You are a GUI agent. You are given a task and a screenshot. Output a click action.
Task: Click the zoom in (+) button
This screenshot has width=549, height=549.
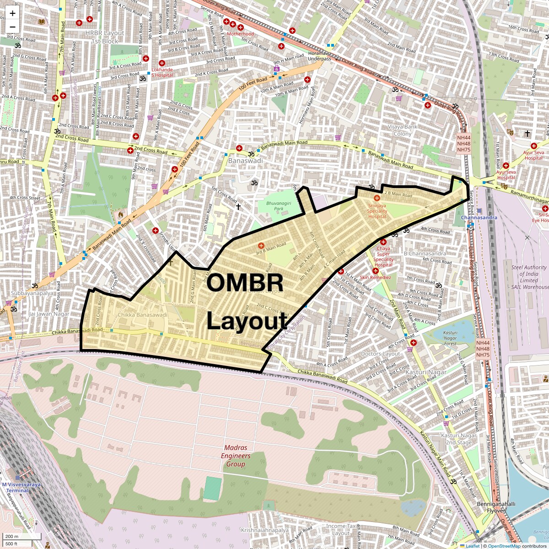(x=12, y=14)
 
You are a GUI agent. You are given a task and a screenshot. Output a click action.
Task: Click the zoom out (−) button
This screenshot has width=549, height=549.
(x=12, y=27)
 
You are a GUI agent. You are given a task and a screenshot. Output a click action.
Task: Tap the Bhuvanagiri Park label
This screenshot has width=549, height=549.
(x=279, y=205)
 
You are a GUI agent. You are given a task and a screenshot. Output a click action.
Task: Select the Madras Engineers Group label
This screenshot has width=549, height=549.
(x=236, y=456)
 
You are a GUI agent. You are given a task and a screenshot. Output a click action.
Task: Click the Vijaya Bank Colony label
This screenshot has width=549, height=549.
(x=403, y=130)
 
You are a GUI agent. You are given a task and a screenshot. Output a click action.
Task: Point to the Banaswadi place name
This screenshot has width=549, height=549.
(x=246, y=161)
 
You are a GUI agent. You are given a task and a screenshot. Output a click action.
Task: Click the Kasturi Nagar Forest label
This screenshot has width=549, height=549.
(x=450, y=338)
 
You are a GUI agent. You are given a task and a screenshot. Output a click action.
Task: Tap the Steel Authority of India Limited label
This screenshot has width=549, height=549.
(x=529, y=277)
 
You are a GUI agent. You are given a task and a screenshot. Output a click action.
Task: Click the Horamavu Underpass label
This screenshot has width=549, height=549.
(x=319, y=56)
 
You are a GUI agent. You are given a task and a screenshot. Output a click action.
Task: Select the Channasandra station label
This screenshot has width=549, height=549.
(x=479, y=217)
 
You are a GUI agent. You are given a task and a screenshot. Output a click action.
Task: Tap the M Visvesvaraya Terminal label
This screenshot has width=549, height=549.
(x=21, y=487)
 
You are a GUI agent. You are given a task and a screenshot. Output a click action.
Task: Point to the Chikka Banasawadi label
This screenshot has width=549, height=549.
(x=143, y=315)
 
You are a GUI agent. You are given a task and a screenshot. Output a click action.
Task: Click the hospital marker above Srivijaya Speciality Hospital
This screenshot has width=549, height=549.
(x=377, y=198)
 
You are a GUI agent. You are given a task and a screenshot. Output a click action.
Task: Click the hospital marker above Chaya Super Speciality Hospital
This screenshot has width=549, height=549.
(x=383, y=242)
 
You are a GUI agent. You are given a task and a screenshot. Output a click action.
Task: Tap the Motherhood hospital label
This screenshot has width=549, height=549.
(x=240, y=34)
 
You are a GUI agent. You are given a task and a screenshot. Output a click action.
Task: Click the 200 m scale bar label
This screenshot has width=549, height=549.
(x=12, y=536)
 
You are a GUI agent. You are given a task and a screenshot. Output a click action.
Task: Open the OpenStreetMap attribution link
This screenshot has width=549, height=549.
(x=504, y=546)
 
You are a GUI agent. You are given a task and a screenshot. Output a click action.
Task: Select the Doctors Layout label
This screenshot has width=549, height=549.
(x=380, y=354)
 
